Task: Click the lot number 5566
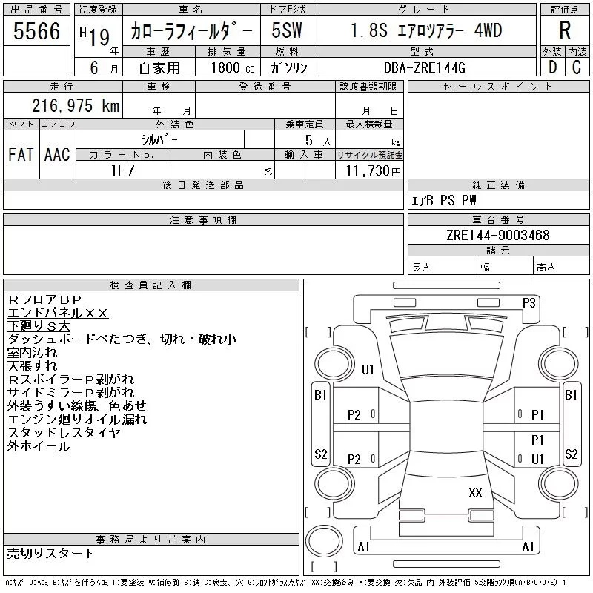pyautogui.click(x=36, y=31)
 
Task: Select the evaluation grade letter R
pyautogui.click(x=565, y=30)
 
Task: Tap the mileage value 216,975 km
pyautogui.click(x=76, y=105)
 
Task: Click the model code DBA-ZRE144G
pyautogui.click(x=424, y=67)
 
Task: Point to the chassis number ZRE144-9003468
pyautogui.click(x=497, y=235)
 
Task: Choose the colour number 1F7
pyautogui.click(x=122, y=170)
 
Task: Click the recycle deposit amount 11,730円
pyautogui.click(x=373, y=171)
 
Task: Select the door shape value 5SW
pyautogui.click(x=287, y=30)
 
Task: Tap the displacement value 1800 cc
pyautogui.click(x=233, y=67)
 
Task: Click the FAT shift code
pyautogui.click(x=21, y=154)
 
